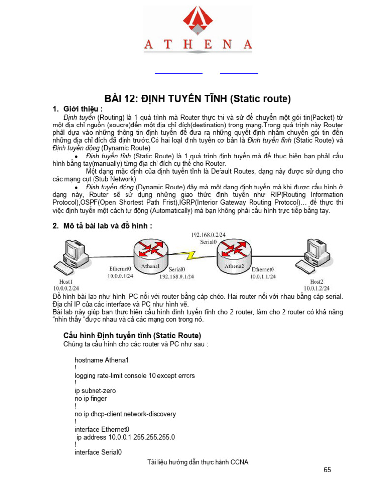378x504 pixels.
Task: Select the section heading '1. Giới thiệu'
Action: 78,109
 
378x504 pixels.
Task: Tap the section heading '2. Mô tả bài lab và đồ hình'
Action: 102,226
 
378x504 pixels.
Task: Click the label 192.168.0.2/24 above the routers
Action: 208,235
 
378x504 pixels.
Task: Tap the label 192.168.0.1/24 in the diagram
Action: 177,277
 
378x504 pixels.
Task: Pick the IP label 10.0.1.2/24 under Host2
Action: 316,288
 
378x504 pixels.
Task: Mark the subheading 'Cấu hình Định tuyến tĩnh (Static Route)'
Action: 132,335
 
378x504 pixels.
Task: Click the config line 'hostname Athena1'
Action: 101,360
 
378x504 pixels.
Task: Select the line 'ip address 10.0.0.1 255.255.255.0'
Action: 126,437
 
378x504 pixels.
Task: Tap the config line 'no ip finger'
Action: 91,399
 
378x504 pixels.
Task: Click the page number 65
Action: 327,470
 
